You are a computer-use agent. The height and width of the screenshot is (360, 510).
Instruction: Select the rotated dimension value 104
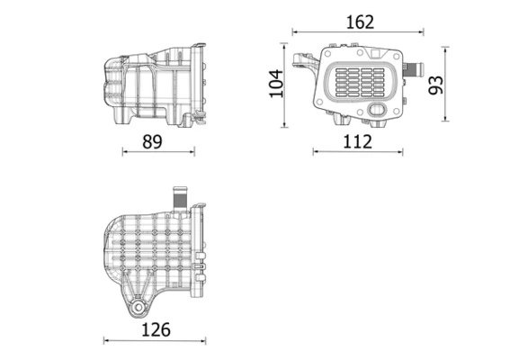[277, 83]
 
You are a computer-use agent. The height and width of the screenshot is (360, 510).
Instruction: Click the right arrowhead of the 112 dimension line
[400, 151]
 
